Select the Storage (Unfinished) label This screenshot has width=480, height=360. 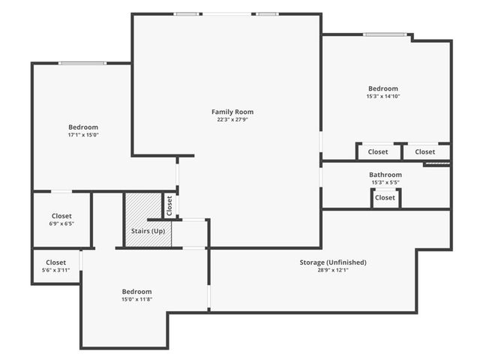(332, 262)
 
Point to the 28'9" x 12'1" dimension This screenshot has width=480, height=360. (332, 270)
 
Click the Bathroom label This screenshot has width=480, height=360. (385, 175)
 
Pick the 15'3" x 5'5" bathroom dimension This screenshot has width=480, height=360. (385, 183)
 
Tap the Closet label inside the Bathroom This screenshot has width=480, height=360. (385, 198)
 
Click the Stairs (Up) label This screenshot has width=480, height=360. (148, 230)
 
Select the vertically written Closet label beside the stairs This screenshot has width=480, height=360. (169, 205)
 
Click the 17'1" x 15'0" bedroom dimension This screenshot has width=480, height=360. (83, 135)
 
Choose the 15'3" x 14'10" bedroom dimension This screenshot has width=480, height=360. (382, 96)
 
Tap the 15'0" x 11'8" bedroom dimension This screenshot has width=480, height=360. (136, 299)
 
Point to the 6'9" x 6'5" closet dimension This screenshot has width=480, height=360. (61, 223)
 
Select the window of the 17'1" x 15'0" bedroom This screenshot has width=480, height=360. (82, 63)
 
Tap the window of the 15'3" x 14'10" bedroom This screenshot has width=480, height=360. (385, 34)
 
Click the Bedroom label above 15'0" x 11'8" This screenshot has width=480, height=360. (136, 291)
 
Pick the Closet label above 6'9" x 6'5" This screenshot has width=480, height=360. (61, 215)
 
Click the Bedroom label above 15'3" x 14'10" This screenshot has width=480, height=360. (382, 88)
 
